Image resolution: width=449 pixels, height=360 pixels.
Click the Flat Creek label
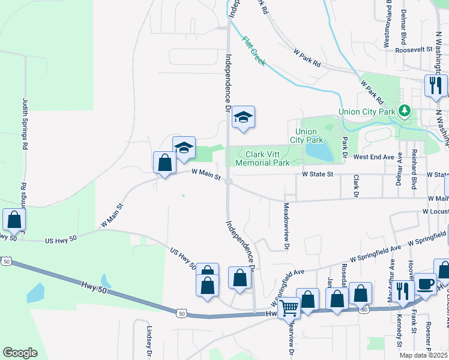(x=254, y=52)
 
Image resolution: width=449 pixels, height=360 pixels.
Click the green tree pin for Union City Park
(x=405, y=110)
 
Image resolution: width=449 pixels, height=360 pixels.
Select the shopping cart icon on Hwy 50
(x=290, y=308)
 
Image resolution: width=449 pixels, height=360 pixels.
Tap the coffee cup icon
(x=426, y=284)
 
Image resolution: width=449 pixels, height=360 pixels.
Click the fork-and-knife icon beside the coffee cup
(x=402, y=290)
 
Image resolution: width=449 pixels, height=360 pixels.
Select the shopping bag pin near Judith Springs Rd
(x=14, y=220)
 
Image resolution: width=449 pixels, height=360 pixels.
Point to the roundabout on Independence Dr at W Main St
(x=229, y=183)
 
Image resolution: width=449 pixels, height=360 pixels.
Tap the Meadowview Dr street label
(x=286, y=226)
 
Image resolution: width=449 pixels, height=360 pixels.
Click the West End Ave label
(x=373, y=157)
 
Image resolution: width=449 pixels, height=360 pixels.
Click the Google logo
(x=20, y=353)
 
